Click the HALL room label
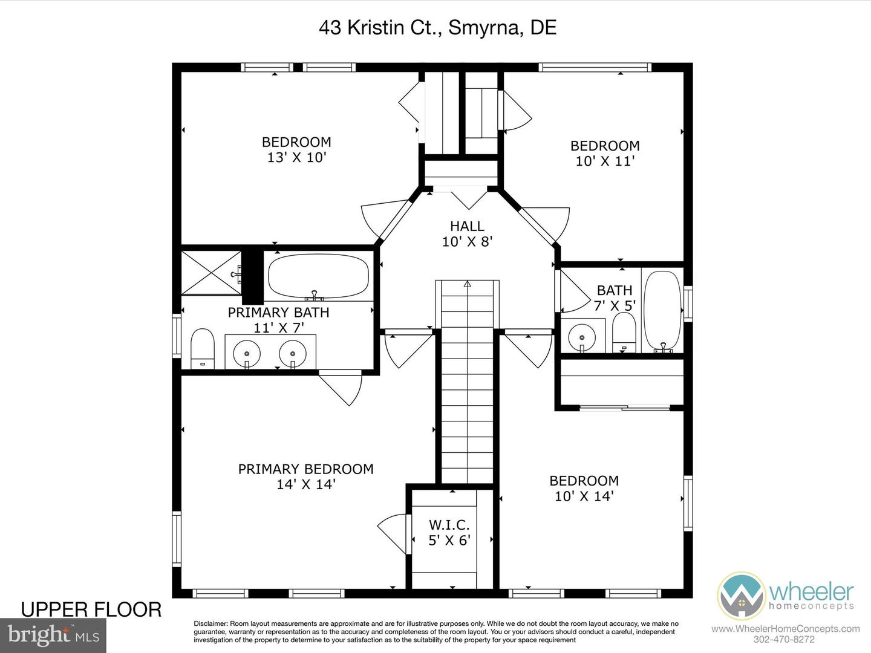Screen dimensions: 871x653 click(467, 226)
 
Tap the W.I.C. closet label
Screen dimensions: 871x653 click(449, 525)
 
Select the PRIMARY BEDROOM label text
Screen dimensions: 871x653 click(305, 469)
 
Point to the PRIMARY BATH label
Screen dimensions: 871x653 click(279, 313)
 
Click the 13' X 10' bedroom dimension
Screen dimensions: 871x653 click(297, 157)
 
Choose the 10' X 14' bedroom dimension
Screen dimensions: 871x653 click(584, 496)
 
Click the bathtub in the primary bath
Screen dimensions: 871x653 click(318, 276)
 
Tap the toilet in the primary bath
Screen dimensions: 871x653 click(203, 349)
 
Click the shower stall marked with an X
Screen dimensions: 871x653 click(211, 273)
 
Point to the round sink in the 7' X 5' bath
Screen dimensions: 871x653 click(582, 337)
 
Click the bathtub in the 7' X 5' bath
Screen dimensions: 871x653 click(662, 311)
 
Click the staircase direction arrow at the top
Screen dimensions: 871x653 click(468, 284)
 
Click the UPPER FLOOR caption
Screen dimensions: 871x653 click(91, 610)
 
